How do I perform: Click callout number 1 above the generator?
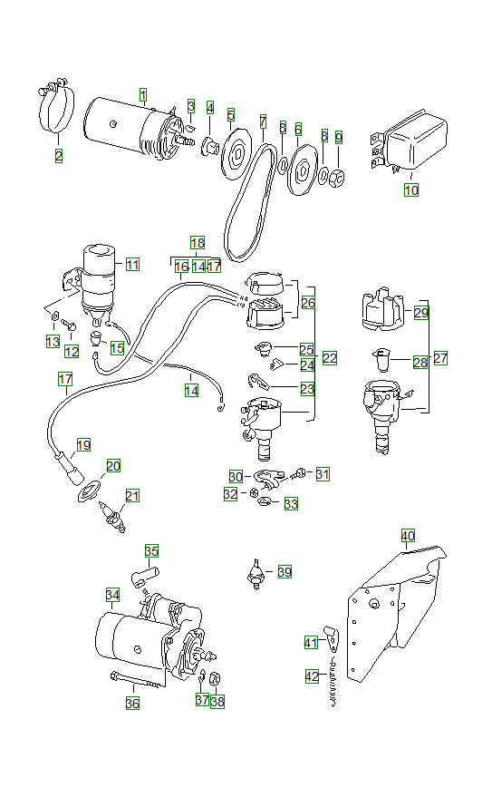(x=142, y=94)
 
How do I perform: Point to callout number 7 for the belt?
(x=263, y=121)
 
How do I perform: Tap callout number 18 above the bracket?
(x=198, y=242)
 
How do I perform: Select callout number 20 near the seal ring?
(x=113, y=466)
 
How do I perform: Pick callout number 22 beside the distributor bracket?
(x=329, y=358)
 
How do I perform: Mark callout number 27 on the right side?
(x=440, y=358)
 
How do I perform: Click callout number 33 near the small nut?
(x=290, y=503)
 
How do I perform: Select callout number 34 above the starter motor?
(x=112, y=595)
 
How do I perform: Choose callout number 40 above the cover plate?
(x=408, y=536)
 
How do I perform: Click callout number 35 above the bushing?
(x=151, y=550)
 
